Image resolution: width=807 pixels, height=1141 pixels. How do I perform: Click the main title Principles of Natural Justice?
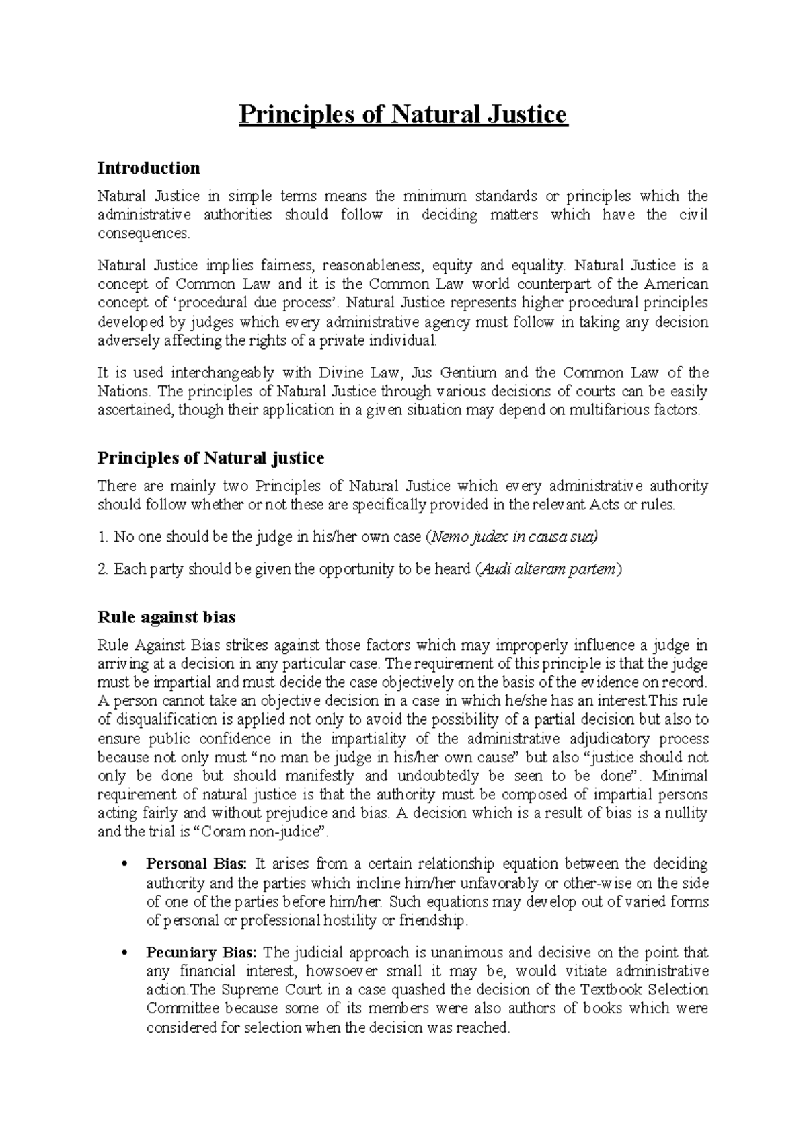click(403, 115)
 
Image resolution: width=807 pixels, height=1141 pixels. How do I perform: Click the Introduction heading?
click(149, 168)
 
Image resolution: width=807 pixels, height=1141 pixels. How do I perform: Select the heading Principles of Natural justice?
click(210, 459)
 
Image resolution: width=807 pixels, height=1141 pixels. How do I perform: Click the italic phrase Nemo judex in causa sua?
click(513, 538)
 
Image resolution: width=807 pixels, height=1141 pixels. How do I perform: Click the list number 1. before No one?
click(103, 538)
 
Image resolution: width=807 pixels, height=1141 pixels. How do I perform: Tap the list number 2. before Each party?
click(103, 569)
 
